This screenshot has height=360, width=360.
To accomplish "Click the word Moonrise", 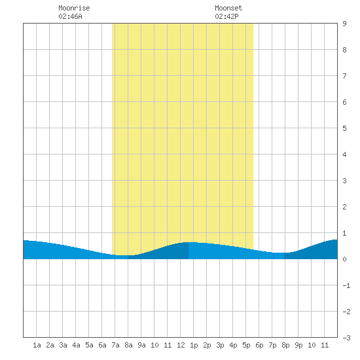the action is [74, 8].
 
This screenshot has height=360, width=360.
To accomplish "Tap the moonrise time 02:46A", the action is [70, 16].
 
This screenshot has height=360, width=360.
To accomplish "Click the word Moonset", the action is [228, 8].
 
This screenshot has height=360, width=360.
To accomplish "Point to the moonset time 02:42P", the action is [227, 16].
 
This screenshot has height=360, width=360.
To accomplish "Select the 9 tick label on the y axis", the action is [344, 24].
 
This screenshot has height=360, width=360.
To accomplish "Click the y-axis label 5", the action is [344, 128].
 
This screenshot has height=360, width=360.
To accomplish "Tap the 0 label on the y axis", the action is [344, 259].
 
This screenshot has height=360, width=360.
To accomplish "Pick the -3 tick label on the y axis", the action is [346, 338].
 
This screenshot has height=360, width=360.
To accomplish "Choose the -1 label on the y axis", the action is [346, 285].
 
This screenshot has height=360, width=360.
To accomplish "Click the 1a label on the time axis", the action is [37, 345].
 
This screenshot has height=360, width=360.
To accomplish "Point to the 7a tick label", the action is [115, 345].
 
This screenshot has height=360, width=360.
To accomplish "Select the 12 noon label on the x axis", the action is [181, 345].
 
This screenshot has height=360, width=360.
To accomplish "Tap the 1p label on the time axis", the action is [194, 345].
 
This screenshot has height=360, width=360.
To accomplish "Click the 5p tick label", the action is [246, 345].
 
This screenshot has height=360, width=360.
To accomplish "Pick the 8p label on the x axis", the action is [285, 345].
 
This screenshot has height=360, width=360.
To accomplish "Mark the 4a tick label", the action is [76, 345].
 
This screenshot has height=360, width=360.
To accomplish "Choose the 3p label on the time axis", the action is [220, 345].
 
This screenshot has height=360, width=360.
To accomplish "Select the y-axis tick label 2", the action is [344, 207].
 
